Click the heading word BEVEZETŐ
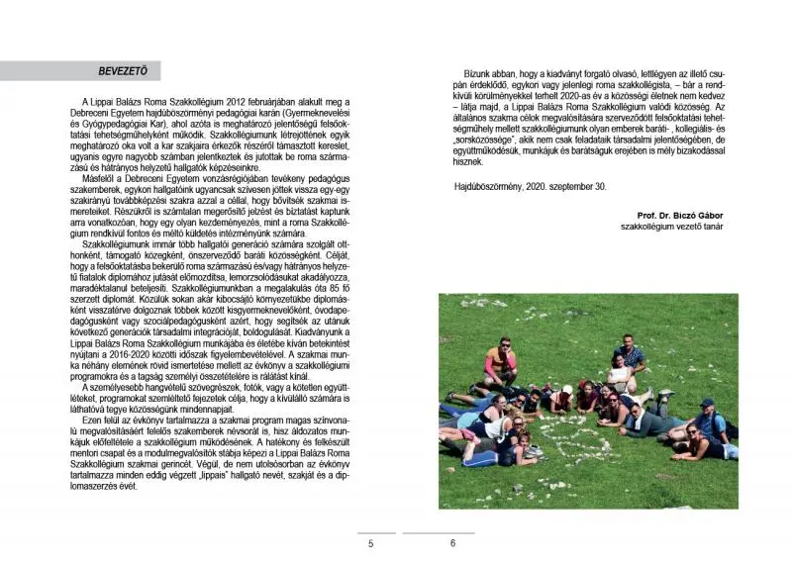click(x=122, y=71)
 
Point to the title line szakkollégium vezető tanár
click(x=673, y=227)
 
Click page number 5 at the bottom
click(x=370, y=543)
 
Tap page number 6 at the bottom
click(x=452, y=543)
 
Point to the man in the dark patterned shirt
click(x=631, y=356)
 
